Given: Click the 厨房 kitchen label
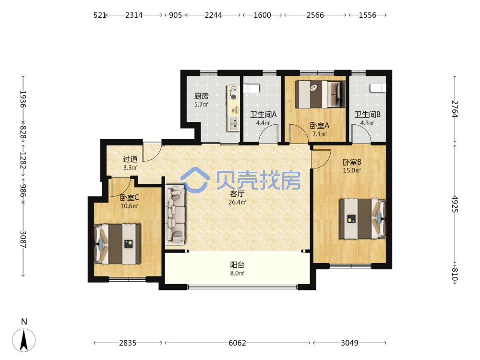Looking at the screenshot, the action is [202, 96].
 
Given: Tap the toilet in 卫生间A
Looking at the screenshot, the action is [252, 88].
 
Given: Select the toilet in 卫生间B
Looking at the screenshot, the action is [378, 88].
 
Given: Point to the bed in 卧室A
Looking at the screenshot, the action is [320, 94].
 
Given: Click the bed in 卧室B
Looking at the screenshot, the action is [362, 218].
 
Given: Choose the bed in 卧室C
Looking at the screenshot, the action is [117, 244].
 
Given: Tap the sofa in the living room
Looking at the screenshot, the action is [175, 215].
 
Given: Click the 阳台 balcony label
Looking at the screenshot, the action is [237, 265].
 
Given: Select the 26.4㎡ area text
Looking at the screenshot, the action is [237, 202].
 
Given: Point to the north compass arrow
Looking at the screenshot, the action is [24, 340].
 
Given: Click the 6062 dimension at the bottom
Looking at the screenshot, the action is [237, 343].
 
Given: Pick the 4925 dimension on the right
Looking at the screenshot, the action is [455, 204].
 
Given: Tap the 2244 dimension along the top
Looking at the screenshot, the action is [214, 15].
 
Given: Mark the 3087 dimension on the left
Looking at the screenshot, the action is [23, 240].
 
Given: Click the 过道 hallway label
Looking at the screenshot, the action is [131, 159].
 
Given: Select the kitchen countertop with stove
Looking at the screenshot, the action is [233, 108].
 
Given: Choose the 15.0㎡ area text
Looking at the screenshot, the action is [352, 170].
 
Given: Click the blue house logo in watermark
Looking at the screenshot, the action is [195, 180].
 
